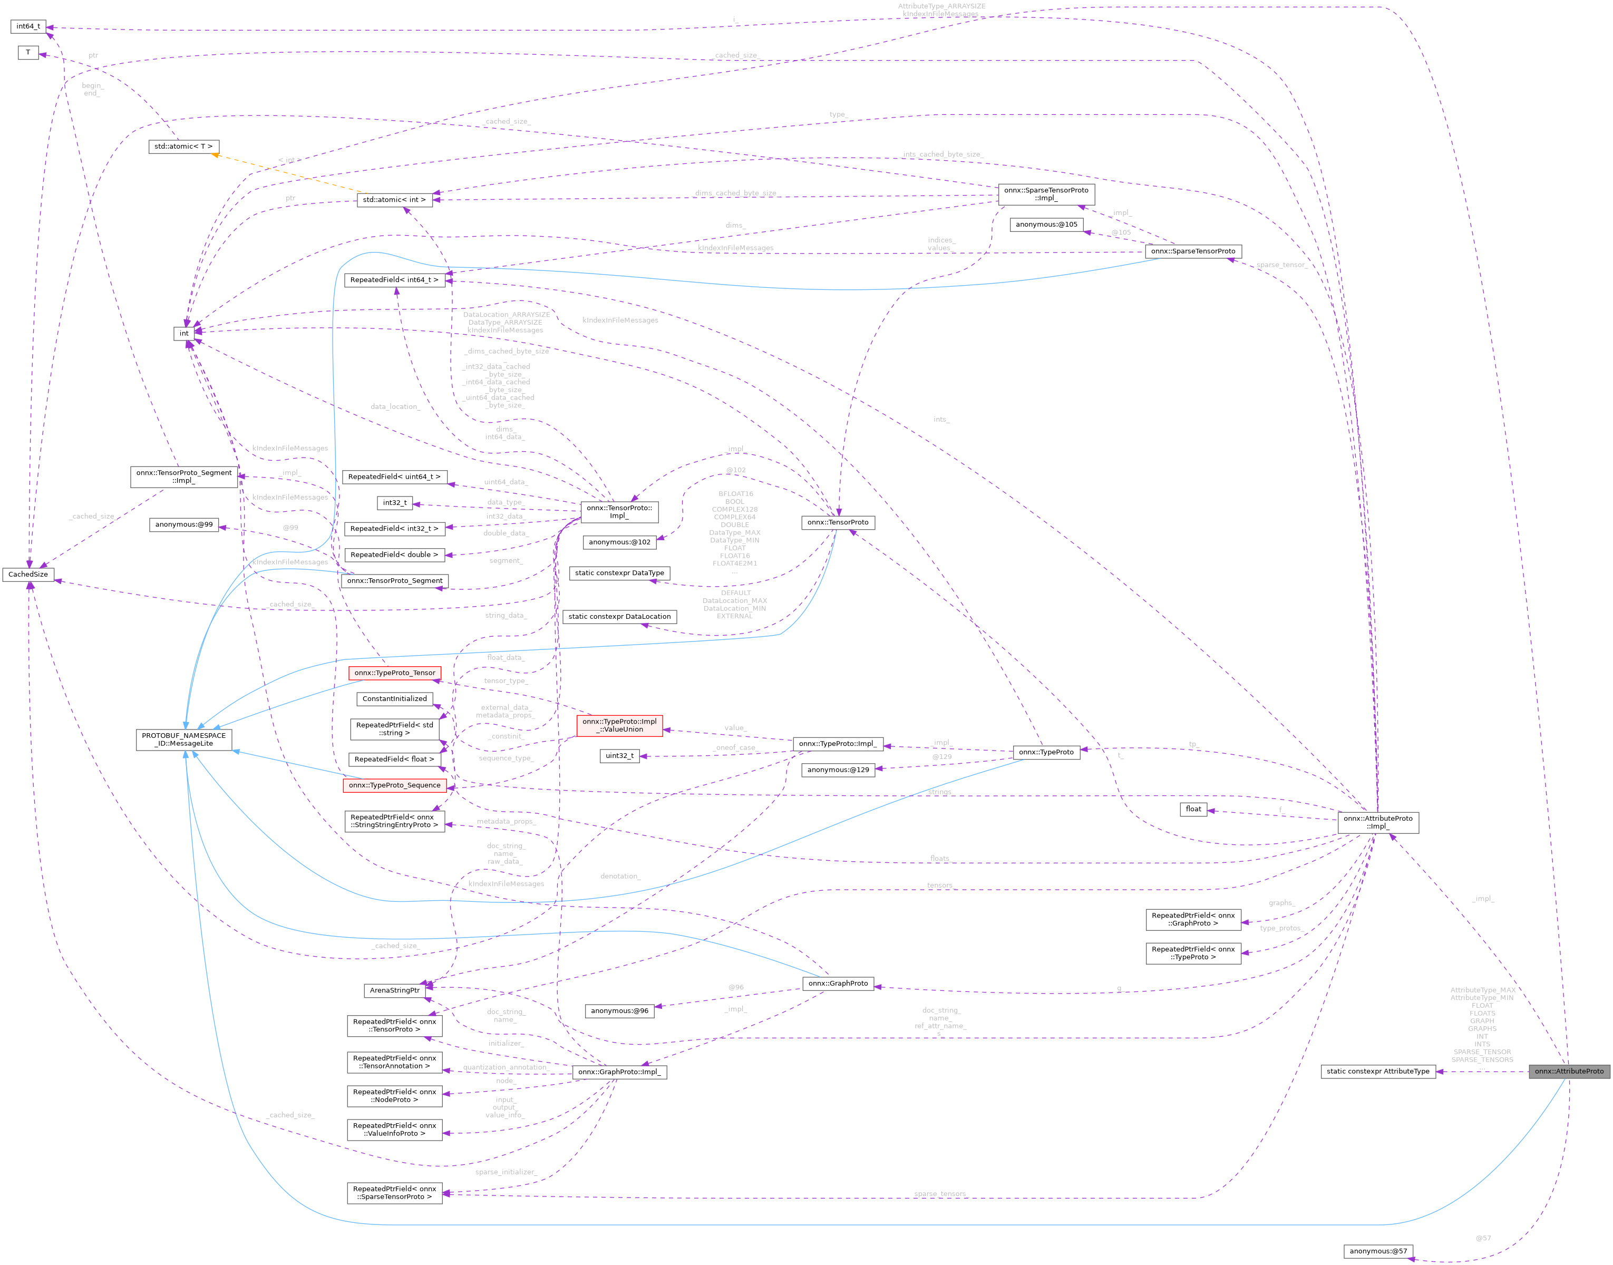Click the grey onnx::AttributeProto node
tap(1569, 1071)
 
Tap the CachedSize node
tap(28, 574)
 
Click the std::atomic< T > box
tap(183, 147)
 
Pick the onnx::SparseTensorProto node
tap(1192, 251)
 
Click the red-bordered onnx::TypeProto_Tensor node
tap(395, 673)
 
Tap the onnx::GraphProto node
tap(838, 984)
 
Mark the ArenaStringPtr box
tap(395, 990)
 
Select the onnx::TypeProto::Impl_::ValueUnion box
tap(619, 725)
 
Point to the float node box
tap(1193, 809)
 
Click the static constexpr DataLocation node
tap(619, 616)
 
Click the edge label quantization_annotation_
tap(505, 1067)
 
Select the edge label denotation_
tap(620, 876)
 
